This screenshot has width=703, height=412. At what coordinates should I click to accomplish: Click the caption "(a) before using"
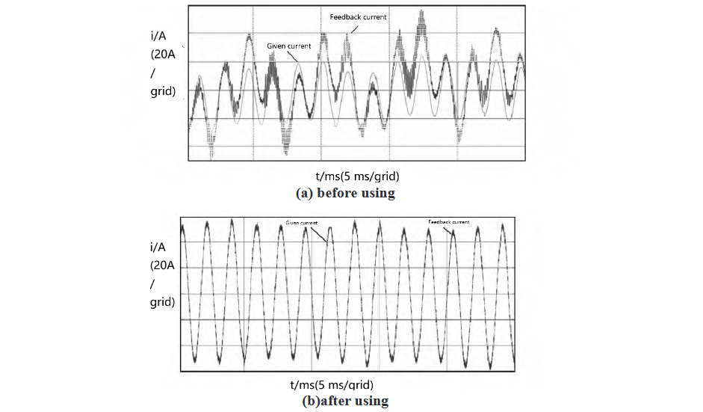click(345, 193)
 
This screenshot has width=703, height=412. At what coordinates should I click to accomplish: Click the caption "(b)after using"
click(344, 401)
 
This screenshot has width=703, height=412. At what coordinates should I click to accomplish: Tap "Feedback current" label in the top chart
click(358, 16)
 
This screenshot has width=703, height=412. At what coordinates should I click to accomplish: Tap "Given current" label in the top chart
click(289, 46)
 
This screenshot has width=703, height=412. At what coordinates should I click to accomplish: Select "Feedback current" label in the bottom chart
click(449, 222)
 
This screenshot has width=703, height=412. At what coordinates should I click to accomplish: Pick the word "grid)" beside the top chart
click(162, 92)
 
